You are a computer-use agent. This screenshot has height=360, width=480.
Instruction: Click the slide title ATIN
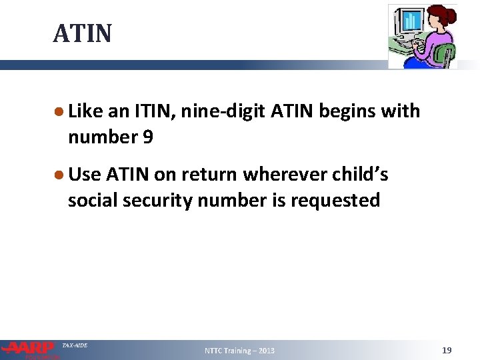pyautogui.click(x=83, y=33)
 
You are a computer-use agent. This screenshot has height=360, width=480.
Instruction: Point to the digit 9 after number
pyautogui.click(x=147, y=137)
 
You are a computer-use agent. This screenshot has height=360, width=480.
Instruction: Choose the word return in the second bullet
pyautogui.click(x=207, y=175)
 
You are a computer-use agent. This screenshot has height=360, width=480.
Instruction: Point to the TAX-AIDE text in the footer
pyautogui.click(x=75, y=345)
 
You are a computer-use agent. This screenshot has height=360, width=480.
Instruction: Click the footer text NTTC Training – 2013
pyautogui.click(x=239, y=351)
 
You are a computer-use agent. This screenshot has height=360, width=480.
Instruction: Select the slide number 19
pyautogui.click(x=447, y=350)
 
